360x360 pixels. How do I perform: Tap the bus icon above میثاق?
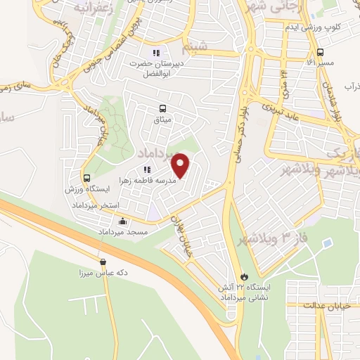163,108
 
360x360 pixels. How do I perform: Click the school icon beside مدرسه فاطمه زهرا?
147,169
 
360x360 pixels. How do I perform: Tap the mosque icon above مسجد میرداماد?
123,221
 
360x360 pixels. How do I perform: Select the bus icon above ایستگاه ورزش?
86,179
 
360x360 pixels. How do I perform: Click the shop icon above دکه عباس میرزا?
103,261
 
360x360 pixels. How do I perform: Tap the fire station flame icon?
244,276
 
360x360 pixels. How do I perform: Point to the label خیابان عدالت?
327,306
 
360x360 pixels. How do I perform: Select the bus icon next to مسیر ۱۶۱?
321,52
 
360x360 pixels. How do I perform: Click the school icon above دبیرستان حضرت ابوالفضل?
157,52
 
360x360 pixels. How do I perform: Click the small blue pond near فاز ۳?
327,244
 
